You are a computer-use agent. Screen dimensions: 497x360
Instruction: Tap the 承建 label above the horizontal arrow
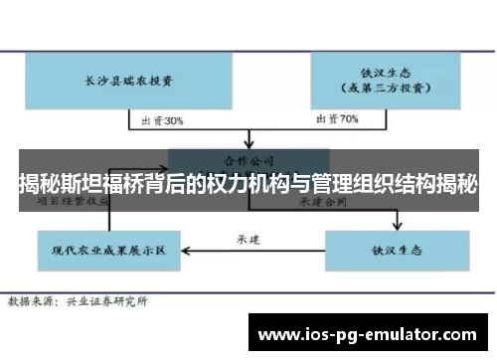(x=248, y=239)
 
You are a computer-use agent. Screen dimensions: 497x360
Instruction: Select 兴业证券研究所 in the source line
(x=107, y=299)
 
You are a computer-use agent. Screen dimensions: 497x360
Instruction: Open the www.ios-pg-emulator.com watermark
(x=368, y=332)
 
